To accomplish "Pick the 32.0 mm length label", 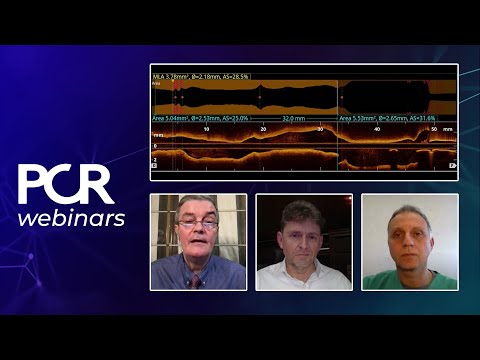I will (x=293, y=117).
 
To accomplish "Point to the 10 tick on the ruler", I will (x=206, y=129).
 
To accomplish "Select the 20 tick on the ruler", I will (x=263, y=129).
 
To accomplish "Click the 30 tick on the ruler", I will (x=320, y=129).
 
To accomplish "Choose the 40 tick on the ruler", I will (x=377, y=129).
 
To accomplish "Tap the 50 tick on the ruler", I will (x=433, y=129).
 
